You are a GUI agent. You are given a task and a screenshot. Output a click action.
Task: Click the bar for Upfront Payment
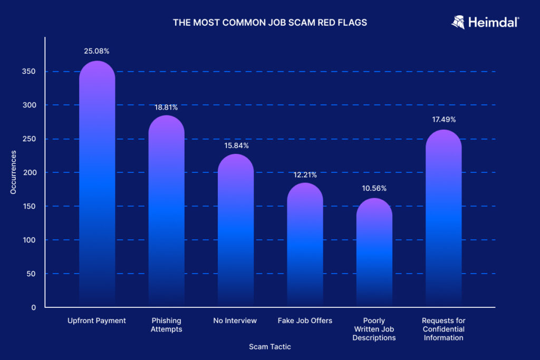click(x=97, y=184)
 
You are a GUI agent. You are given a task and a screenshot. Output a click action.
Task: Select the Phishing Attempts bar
click(x=166, y=211)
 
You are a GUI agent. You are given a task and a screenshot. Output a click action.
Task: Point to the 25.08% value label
click(x=97, y=51)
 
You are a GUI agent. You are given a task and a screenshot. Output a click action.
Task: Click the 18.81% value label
click(x=166, y=107)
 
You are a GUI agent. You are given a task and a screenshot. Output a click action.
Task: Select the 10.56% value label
click(x=374, y=188)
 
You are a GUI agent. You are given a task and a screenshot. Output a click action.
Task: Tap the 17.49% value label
click(x=443, y=120)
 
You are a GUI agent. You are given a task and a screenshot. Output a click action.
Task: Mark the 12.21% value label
click(x=305, y=174)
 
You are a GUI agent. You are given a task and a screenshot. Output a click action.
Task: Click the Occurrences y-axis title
click(x=13, y=172)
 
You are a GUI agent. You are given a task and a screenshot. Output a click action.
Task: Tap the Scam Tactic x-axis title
click(x=269, y=347)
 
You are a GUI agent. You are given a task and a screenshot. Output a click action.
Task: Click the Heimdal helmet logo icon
click(x=458, y=22)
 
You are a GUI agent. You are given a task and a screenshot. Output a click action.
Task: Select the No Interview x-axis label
click(x=235, y=320)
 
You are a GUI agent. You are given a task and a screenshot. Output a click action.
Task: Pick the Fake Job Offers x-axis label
click(x=305, y=320)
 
